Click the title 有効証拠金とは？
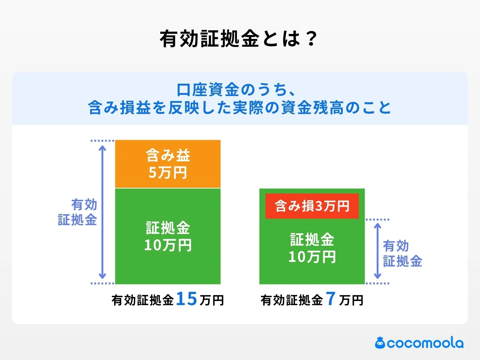[x=238, y=39]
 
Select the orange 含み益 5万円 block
[x=168, y=164]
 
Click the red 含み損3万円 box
[x=312, y=206]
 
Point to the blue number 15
[x=186, y=299]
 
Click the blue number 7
[x=331, y=299]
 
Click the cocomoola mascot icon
[x=380, y=343]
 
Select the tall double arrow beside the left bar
[x=103, y=212]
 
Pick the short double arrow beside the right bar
[x=378, y=251]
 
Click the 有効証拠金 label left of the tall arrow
[x=78, y=212]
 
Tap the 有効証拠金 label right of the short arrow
[x=402, y=253]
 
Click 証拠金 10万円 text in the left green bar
[x=168, y=236]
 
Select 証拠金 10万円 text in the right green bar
[x=312, y=248]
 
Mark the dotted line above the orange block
[x=102, y=140]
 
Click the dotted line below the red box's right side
[x=377, y=220]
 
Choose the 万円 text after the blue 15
[x=212, y=300]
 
